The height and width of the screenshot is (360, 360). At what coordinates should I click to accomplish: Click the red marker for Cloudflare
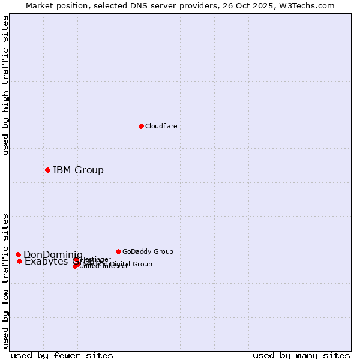[141, 126]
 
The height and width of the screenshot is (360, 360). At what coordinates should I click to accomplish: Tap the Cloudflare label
[161, 126]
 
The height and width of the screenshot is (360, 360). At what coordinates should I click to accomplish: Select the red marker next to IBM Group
[47, 170]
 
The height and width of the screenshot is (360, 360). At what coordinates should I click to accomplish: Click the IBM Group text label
[78, 170]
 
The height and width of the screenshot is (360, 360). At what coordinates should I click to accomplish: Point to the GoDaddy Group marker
[118, 251]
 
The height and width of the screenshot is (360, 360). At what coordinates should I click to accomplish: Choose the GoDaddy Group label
[148, 251]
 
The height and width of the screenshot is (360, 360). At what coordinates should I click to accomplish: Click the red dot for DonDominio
[18, 254]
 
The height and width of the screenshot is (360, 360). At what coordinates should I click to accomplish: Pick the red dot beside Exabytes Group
[19, 261]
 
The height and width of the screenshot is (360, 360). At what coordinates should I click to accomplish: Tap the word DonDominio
[52, 254]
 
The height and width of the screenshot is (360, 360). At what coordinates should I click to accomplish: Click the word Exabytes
[46, 262]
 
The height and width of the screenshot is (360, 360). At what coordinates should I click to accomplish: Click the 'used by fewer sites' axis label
[62, 355]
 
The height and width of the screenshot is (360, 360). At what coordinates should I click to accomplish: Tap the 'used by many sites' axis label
[301, 355]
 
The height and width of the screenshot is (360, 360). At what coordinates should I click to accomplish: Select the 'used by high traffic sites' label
[5, 85]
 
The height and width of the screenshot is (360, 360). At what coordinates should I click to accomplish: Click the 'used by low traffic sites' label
[5, 280]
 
